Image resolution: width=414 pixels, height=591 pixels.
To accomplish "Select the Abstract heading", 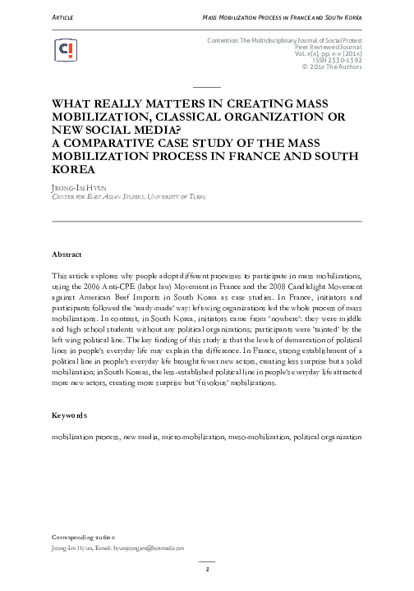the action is (67, 254).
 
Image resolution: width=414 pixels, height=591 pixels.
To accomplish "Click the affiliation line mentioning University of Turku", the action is (123, 197).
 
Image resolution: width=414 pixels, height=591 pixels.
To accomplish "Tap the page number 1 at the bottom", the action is (207, 568).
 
